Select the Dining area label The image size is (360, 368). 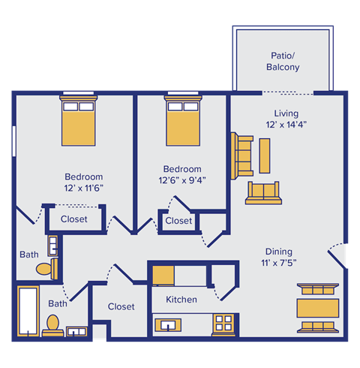278,252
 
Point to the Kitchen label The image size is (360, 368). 181,300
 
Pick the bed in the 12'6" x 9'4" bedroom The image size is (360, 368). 182,123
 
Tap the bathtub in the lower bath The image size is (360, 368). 28,312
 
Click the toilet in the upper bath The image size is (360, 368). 46,267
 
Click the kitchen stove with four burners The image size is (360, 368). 224,324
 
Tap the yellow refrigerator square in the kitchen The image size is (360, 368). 163,275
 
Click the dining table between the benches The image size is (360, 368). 319,308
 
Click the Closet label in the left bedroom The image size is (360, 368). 73,219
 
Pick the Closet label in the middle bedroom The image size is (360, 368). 178,221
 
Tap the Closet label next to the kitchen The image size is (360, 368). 121,306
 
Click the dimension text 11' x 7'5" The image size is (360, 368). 278,264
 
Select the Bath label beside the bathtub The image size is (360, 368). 58,303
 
